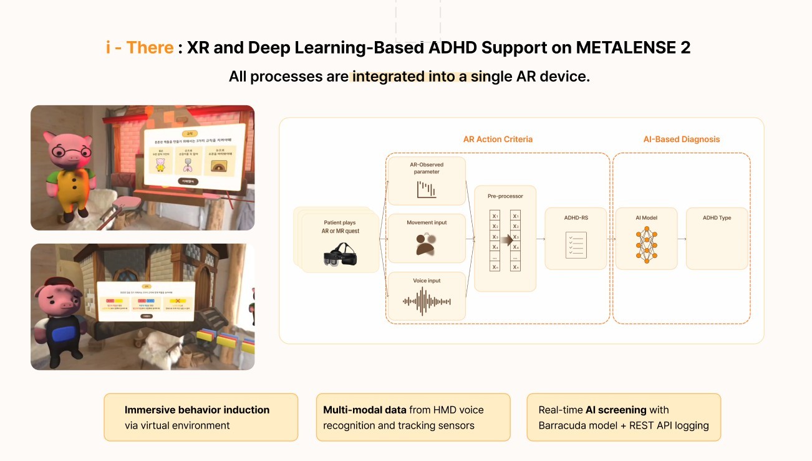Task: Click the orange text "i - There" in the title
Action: [x=140, y=47]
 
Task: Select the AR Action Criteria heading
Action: [x=498, y=139]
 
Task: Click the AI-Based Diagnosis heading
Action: [x=682, y=139]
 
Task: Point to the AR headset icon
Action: [x=341, y=257]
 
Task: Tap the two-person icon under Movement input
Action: [x=427, y=244]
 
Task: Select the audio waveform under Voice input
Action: [x=427, y=301]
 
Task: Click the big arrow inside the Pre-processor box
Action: [x=507, y=240]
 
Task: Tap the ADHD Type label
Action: [x=717, y=218]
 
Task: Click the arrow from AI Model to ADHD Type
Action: [x=681, y=239]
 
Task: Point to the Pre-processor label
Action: [x=505, y=196]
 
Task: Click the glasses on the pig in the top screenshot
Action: [x=65, y=151]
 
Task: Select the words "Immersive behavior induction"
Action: [x=197, y=410]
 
